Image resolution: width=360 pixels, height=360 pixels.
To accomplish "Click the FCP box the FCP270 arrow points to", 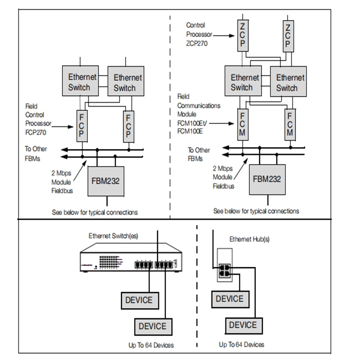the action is click(82, 126).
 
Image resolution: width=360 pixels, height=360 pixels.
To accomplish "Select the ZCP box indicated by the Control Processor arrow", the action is click(243, 36).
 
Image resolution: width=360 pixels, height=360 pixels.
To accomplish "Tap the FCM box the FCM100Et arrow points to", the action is click(243, 125).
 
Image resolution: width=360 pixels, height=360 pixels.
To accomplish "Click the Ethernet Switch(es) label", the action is click(113, 236).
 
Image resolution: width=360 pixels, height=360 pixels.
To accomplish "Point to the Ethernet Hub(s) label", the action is click(249, 239).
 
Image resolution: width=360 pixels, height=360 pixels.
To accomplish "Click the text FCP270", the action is click(36, 132).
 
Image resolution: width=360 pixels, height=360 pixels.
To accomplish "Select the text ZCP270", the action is click(197, 43).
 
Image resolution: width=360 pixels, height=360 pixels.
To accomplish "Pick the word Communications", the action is click(198, 106).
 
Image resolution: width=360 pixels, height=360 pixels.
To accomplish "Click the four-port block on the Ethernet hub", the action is click(225, 271).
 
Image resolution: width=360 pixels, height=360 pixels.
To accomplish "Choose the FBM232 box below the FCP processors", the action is click(106, 181).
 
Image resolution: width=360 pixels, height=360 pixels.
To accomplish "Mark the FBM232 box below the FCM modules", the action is click(267, 180).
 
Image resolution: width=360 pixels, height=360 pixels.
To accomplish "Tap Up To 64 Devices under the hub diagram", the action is click(242, 344).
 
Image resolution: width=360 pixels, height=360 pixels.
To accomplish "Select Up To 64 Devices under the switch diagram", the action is click(151, 345).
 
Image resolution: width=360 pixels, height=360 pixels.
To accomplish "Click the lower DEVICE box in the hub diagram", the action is click(243, 325).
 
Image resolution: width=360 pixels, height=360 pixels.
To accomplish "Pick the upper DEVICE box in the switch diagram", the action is click(140, 301).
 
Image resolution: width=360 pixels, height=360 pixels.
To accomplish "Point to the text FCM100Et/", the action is click(192, 123).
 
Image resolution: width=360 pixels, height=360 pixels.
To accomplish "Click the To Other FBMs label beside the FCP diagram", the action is click(36, 153).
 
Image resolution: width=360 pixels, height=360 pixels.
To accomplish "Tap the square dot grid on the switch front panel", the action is click(108, 262).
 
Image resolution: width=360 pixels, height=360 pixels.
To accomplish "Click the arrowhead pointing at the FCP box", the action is click(70, 127).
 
